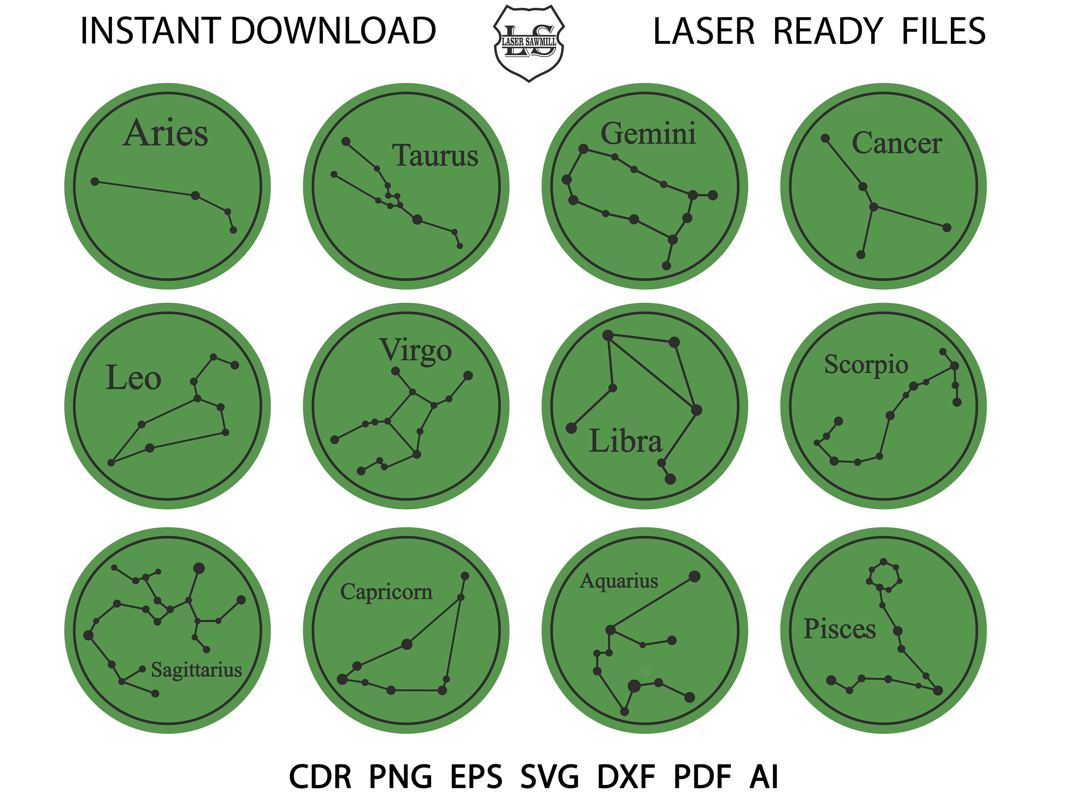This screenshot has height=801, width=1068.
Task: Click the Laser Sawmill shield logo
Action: click(x=529, y=43)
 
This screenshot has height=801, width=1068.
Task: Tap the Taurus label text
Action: click(x=435, y=156)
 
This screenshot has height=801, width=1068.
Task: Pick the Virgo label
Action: click(x=416, y=351)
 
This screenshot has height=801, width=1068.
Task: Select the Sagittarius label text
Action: click(x=197, y=670)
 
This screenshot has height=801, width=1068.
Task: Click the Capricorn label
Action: click(x=386, y=592)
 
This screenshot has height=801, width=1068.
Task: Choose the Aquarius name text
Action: click(x=619, y=581)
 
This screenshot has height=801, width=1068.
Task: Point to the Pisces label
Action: click(x=839, y=629)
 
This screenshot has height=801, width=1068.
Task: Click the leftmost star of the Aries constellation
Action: click(x=95, y=182)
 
